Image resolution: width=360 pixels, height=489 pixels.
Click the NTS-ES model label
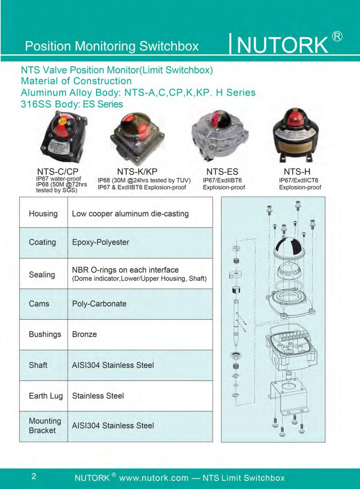(222, 172)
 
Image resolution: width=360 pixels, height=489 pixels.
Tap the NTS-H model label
(297, 172)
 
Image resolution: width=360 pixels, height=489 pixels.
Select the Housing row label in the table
(43, 214)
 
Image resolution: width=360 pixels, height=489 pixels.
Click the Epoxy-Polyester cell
(101, 242)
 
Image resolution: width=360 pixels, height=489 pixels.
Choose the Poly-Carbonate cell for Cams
(99, 304)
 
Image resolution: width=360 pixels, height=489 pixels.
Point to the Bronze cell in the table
(84, 334)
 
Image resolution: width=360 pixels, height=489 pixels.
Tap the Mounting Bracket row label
(45, 426)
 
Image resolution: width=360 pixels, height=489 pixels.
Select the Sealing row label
(42, 275)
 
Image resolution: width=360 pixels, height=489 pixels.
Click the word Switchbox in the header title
(169, 46)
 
